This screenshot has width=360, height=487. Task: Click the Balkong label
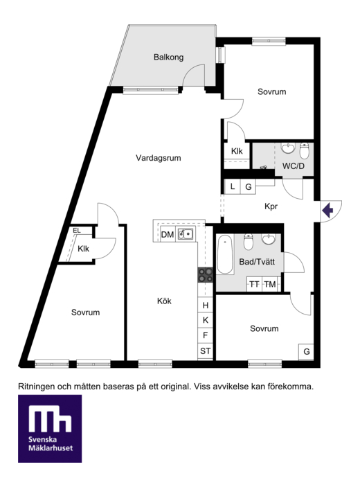(x=168, y=57)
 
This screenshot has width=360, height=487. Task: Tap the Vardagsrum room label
(x=159, y=158)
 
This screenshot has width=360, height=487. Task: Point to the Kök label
(x=164, y=301)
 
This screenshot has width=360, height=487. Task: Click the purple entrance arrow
(x=327, y=211)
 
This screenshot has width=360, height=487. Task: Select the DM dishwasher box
(x=168, y=234)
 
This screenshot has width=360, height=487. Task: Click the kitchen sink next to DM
(x=186, y=234)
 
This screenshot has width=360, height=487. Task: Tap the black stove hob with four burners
(x=206, y=275)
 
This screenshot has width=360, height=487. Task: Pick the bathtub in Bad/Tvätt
(x=225, y=254)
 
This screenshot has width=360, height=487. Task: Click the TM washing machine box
(x=270, y=284)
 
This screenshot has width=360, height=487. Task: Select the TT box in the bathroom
(x=255, y=284)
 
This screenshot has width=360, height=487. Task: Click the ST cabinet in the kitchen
(x=206, y=351)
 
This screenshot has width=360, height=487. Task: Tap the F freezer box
(x=206, y=335)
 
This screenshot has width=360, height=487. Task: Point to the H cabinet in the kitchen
(x=206, y=305)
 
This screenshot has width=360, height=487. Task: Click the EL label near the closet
(x=77, y=231)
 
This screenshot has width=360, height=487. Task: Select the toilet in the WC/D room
(x=305, y=150)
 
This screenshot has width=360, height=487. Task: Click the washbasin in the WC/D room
(x=288, y=148)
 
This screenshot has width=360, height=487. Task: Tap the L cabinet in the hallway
(x=233, y=186)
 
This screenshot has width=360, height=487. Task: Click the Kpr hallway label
(x=271, y=206)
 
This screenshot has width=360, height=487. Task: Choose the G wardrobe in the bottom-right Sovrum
(x=306, y=351)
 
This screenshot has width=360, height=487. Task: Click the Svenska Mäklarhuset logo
(x=50, y=429)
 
